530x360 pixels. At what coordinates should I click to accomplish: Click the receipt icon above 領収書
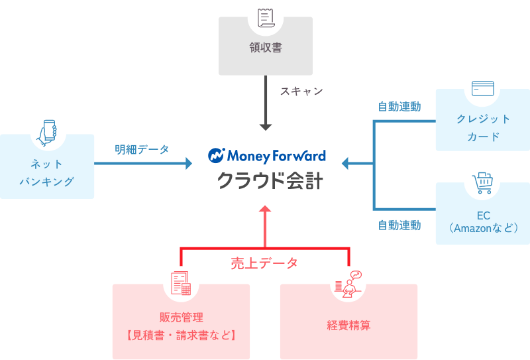(x=266, y=19)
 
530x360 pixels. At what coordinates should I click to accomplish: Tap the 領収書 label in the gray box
(x=266, y=47)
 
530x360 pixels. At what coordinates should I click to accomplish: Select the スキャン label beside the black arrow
(x=301, y=91)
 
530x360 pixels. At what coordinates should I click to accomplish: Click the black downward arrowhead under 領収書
(x=266, y=127)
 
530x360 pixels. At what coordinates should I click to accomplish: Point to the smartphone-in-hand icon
(x=47, y=133)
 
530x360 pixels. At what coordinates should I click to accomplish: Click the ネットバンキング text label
(x=46, y=172)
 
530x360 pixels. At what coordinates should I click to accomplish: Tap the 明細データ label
(x=142, y=149)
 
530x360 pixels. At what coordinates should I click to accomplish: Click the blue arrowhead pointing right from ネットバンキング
(x=189, y=163)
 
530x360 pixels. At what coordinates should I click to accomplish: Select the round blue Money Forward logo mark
(x=217, y=156)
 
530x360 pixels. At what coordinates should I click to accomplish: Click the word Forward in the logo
(x=299, y=156)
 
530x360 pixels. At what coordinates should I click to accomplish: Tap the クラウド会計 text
(x=270, y=180)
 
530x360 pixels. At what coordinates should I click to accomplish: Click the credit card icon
(x=483, y=88)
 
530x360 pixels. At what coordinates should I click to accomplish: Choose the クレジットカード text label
(x=483, y=127)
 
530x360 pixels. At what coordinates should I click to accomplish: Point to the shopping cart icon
(x=482, y=183)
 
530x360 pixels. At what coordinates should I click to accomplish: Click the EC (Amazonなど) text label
(x=483, y=222)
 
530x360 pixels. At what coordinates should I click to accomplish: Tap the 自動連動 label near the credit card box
(x=399, y=107)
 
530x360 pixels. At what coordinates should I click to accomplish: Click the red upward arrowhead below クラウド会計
(x=265, y=209)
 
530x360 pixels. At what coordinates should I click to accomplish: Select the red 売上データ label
(x=264, y=263)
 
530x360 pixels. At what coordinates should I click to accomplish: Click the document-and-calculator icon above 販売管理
(x=181, y=283)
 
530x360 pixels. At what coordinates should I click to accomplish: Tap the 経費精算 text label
(x=349, y=325)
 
